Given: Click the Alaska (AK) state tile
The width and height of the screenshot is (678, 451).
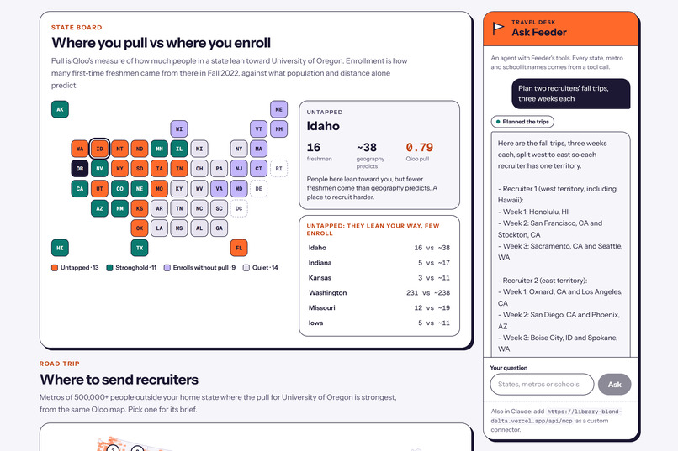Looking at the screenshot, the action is pyautogui.click(x=60, y=109).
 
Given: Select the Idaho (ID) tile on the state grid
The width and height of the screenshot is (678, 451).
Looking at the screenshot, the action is pyautogui.click(x=99, y=149).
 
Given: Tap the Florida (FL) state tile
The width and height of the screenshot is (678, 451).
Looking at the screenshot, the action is pyautogui.click(x=239, y=248).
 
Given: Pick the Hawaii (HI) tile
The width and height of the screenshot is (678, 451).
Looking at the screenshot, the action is pyautogui.click(x=60, y=248).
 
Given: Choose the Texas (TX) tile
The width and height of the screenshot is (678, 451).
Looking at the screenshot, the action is pyautogui.click(x=140, y=248).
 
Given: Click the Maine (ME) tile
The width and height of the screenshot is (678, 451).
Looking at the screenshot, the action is pyautogui.click(x=279, y=109).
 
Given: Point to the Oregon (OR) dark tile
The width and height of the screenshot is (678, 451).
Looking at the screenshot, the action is pyautogui.click(x=80, y=169).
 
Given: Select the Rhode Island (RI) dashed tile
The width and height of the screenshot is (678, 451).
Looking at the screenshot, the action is pyautogui.click(x=279, y=169).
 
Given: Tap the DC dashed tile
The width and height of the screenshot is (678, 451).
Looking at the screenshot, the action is pyautogui.click(x=239, y=208).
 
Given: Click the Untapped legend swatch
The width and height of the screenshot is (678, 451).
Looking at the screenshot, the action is pyautogui.click(x=55, y=268).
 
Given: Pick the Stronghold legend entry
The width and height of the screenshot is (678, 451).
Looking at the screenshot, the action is pyautogui.click(x=131, y=268).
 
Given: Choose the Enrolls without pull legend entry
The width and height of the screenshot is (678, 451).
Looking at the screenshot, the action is pyautogui.click(x=199, y=268).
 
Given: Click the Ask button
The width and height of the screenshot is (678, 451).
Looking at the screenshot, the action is pyautogui.click(x=614, y=384).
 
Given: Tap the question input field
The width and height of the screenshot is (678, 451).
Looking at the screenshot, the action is pyautogui.click(x=542, y=384).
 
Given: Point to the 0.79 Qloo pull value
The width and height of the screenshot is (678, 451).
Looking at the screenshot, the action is pyautogui.click(x=419, y=148).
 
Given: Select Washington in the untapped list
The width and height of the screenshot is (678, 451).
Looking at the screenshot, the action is pyautogui.click(x=328, y=292).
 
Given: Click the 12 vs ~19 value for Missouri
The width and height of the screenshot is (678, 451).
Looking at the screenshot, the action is pyautogui.click(x=432, y=307).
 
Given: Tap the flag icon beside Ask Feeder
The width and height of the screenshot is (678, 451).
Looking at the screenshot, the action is pyautogui.click(x=498, y=29).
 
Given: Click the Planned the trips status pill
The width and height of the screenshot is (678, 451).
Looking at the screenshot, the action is pyautogui.click(x=522, y=122).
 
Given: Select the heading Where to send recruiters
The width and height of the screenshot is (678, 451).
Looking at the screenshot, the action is pyautogui.click(x=119, y=380).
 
